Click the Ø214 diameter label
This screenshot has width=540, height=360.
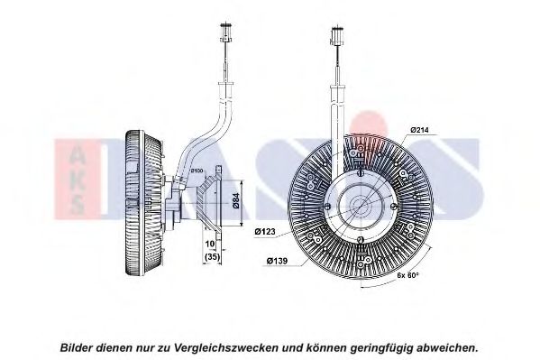tap(419, 130)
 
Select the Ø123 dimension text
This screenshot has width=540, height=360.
tap(265, 232)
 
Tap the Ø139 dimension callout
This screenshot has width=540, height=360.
tap(277, 261)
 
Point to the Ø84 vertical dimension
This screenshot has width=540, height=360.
tap(236, 200)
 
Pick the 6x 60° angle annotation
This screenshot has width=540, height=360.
tap(407, 275)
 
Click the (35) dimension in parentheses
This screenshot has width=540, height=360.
tap(212, 257)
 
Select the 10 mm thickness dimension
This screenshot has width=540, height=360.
tap(210, 244)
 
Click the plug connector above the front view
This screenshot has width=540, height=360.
tap(337, 34)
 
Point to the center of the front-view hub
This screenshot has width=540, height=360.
tap(360, 206)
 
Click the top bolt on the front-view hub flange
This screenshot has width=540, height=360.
tap(360, 172)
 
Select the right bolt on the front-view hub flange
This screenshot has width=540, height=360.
tap(393, 206)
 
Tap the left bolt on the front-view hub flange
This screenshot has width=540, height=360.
tap(327, 207)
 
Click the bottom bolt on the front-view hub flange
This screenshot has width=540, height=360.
tap(360, 239)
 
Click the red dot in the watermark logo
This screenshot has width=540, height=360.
tap(369, 125)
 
